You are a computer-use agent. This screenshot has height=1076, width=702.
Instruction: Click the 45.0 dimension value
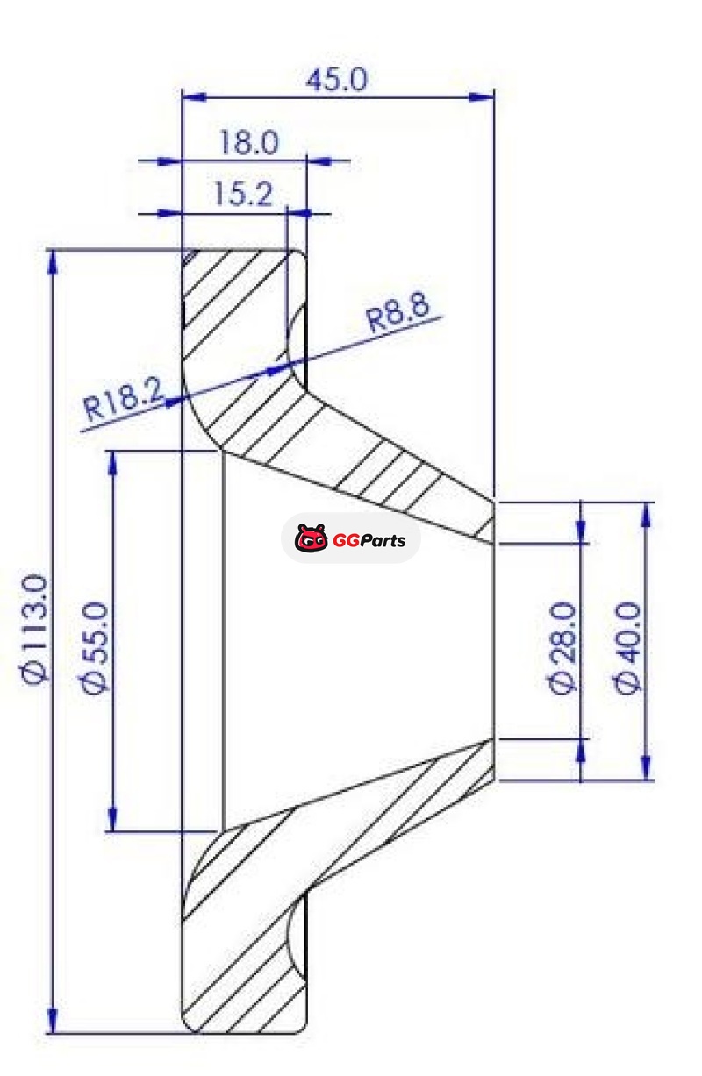(x=336, y=79)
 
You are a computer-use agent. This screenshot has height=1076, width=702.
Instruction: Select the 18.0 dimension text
(x=248, y=142)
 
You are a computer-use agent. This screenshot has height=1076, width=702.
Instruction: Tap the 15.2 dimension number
(x=243, y=194)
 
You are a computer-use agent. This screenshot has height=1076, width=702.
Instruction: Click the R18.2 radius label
(x=124, y=400)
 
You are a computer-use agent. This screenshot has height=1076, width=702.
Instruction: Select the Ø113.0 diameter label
(x=37, y=630)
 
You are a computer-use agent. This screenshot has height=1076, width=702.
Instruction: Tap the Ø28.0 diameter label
(x=563, y=648)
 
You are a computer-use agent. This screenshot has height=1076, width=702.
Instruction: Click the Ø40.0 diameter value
(x=628, y=648)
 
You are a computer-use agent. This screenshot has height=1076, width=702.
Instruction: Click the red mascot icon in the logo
(x=312, y=538)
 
